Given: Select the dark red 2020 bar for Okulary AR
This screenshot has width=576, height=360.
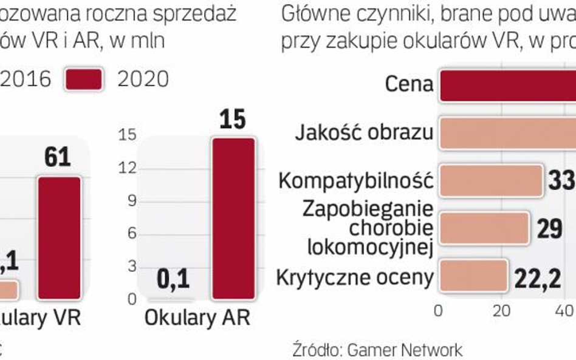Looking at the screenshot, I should pos(233,219).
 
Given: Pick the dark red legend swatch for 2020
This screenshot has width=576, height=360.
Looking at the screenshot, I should pos(84,80).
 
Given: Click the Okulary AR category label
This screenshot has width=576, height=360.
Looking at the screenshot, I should pos(197,318).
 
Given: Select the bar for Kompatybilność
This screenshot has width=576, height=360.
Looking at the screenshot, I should pos(490,180).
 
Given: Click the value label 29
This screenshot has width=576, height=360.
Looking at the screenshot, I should pos(550,229).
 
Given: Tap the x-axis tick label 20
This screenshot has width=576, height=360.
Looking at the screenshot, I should pos(501,311).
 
